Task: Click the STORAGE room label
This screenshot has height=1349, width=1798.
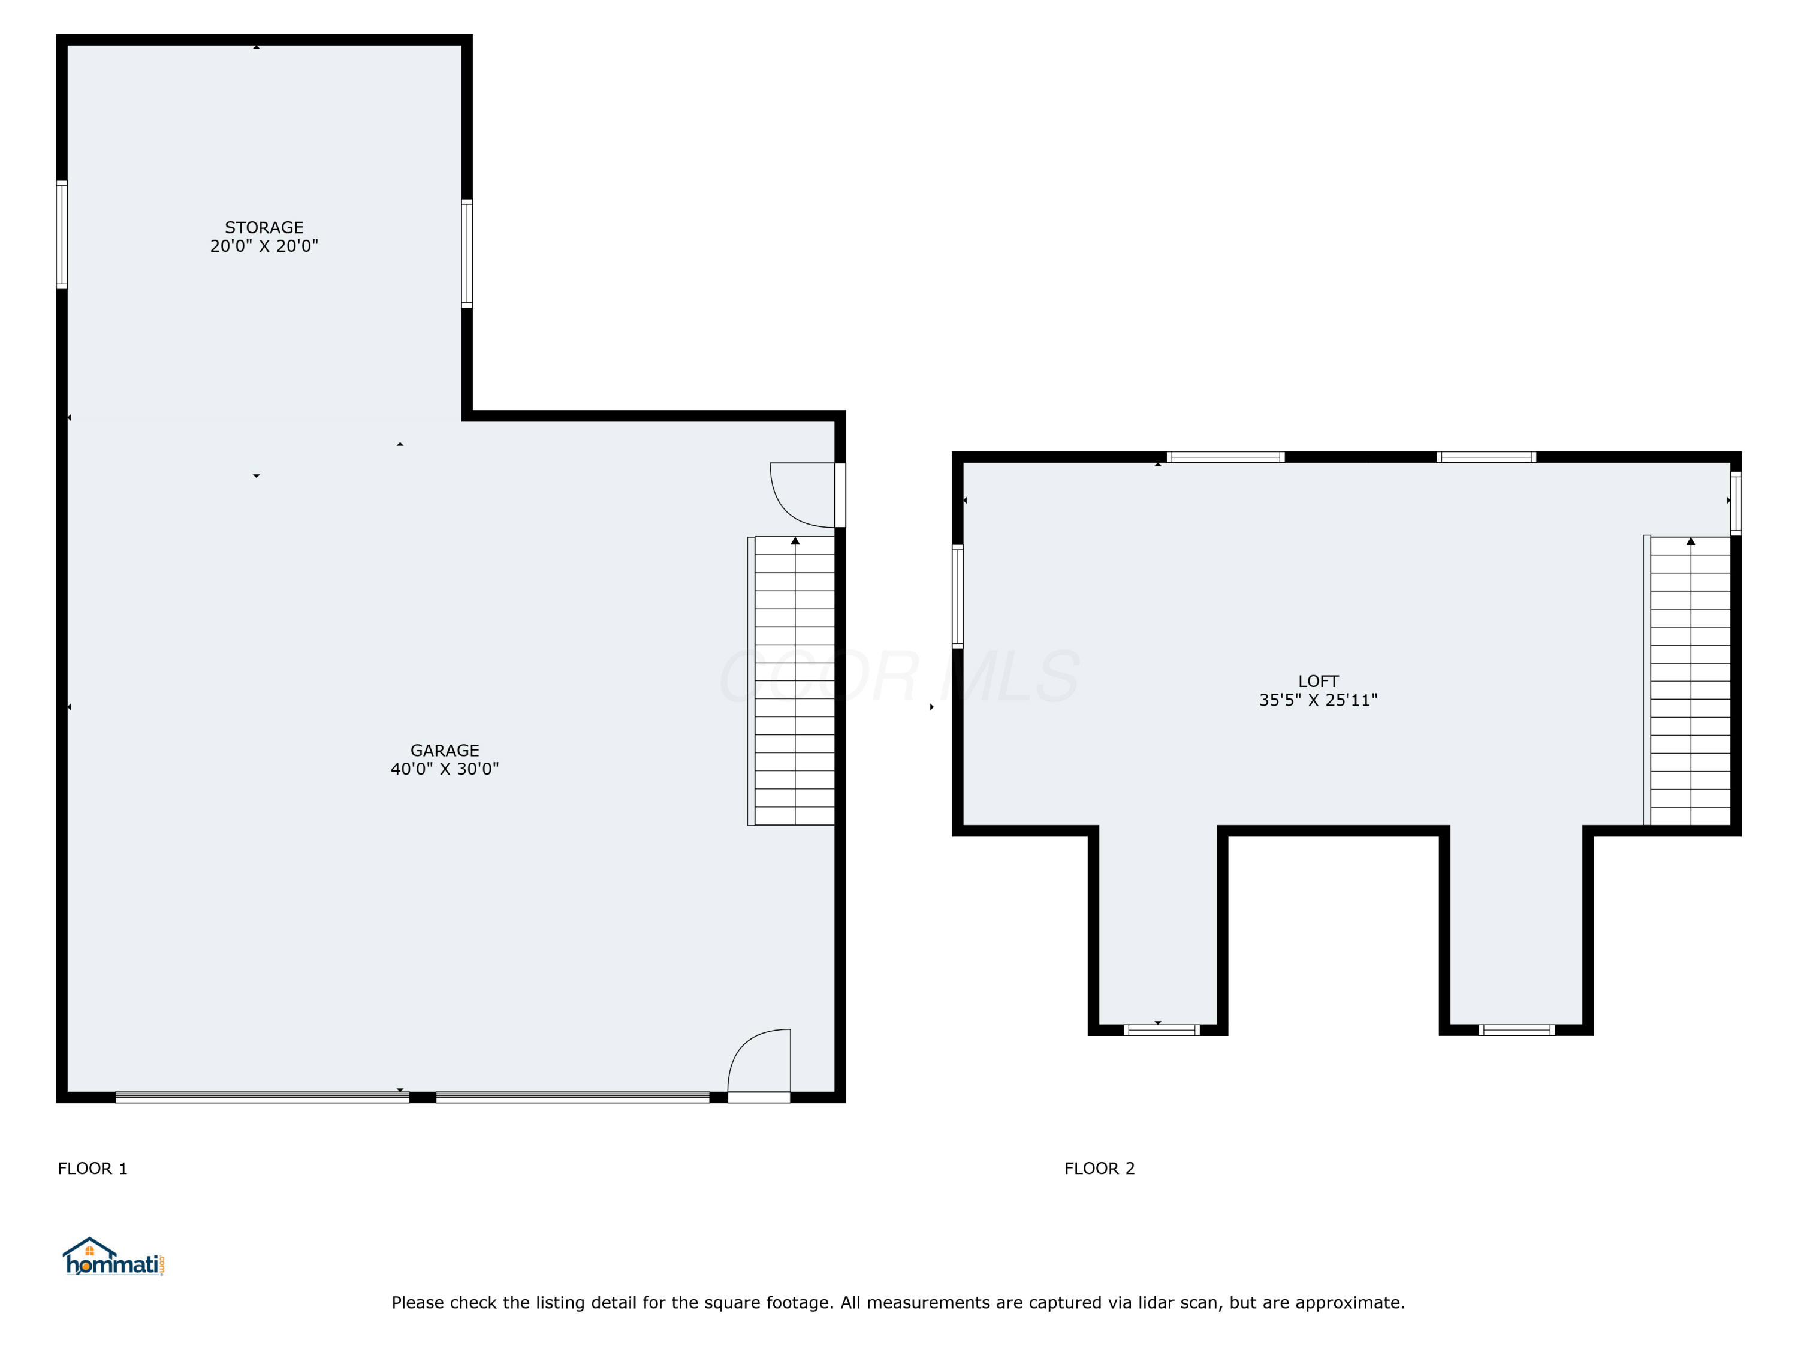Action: tap(264, 228)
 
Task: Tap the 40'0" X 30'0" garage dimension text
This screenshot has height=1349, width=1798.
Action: tap(445, 769)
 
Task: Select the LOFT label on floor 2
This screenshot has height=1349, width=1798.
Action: tap(1317, 682)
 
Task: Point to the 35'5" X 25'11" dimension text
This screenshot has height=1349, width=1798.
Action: tap(1317, 700)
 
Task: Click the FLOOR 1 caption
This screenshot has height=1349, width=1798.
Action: tap(93, 1169)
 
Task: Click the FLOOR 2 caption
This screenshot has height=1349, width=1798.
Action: tap(1099, 1169)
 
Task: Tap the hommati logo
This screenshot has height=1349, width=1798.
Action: tap(114, 1258)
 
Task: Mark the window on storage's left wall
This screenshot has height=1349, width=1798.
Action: tap(62, 234)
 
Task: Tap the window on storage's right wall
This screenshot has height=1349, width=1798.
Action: tap(466, 253)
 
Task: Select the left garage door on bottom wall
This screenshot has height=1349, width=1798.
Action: tap(262, 1097)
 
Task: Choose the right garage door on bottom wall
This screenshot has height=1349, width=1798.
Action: tap(572, 1097)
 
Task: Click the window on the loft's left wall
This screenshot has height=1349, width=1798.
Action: tap(958, 596)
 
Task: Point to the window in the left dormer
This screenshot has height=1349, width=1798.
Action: tap(1161, 1030)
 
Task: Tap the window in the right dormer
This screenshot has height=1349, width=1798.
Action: tap(1517, 1030)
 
